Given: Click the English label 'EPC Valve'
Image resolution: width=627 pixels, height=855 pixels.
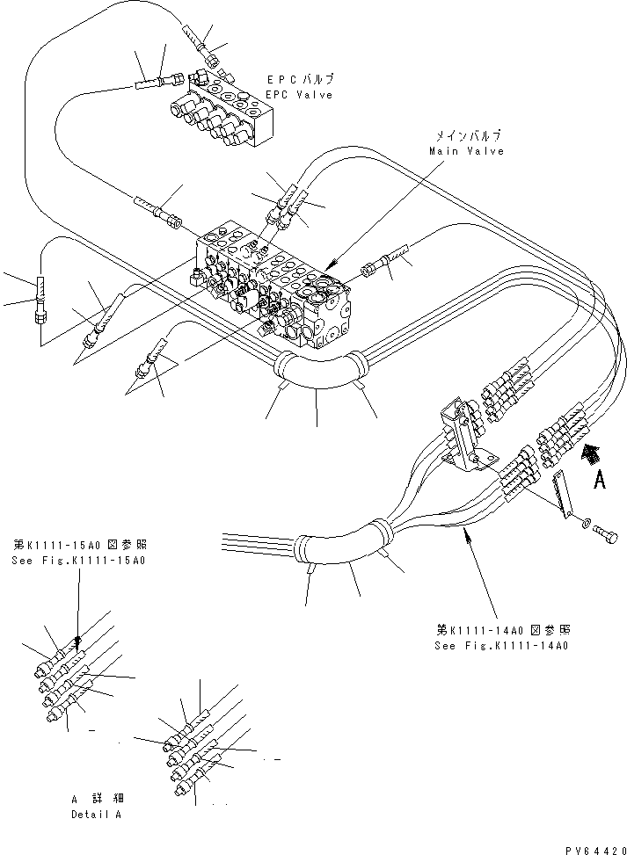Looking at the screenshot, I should coord(300,95).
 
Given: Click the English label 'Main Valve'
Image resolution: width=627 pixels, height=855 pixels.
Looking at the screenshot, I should coord(466,151).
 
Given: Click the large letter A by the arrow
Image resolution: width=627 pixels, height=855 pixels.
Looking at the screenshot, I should coord(600,480).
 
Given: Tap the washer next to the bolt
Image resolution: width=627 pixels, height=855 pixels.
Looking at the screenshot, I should coord(586,524).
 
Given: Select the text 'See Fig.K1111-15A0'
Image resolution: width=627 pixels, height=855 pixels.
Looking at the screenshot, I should coord(78,561).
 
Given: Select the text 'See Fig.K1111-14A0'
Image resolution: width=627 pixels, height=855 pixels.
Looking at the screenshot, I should coord(502,646).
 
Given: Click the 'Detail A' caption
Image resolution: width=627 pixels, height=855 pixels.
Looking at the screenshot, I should coord(96,815).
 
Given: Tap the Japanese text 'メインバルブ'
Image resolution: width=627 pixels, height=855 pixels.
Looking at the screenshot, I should coord(466,136).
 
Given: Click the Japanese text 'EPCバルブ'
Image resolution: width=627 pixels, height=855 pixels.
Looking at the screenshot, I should coord(300,80).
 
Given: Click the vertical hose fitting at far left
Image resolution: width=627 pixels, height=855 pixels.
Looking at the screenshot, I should coord(40,300).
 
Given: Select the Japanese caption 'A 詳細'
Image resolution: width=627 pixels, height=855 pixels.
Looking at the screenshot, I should coord(97,799).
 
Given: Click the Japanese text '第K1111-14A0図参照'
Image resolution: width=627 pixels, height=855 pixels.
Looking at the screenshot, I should coord(502,630).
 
